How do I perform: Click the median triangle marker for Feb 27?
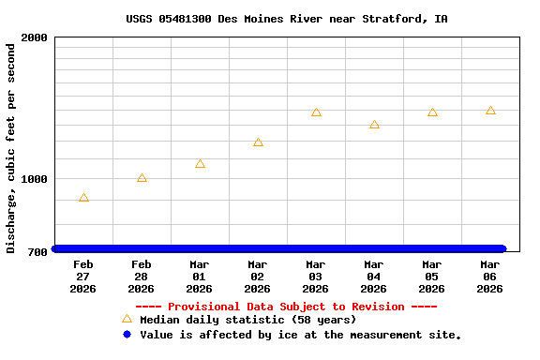coord(83,198)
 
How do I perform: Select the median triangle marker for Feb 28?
coord(142,178)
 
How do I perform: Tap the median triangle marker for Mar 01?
coord(200,164)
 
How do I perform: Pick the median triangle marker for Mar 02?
coord(258,142)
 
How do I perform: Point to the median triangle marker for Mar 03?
coord(316,112)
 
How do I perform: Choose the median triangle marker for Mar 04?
coord(374,125)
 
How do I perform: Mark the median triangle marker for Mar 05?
coord(432,112)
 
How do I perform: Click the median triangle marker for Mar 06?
coord(490,111)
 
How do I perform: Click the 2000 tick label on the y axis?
coord(35,38)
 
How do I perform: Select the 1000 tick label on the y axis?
coord(35,179)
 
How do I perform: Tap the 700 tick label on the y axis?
coord(37,252)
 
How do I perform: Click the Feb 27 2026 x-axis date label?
coord(83,277)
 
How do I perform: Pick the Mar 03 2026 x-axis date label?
coord(316,277)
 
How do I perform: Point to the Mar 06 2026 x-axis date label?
coord(490,277)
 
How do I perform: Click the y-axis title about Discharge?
coord(11,147)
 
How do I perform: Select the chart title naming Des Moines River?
coord(286,19)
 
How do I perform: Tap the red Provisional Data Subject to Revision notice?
coord(286,307)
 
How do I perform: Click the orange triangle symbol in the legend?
coord(127,319)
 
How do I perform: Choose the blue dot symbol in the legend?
coord(127,334)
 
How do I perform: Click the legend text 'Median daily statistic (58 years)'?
coord(247,320)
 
